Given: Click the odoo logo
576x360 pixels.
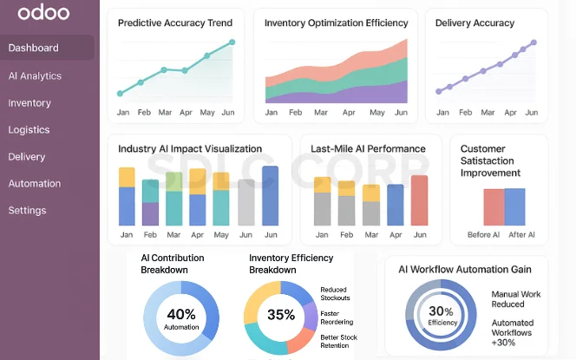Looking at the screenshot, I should (x=37, y=14).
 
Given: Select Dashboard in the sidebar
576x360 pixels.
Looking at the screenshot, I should (x=34, y=48).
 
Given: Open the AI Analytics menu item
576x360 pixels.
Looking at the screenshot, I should (x=35, y=75).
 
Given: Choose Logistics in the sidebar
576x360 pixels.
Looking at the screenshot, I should (x=29, y=129).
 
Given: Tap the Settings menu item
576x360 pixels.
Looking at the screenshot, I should (x=27, y=210).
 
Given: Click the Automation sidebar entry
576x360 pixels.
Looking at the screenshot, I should (x=35, y=183).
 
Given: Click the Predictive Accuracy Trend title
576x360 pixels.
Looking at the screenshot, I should (x=174, y=23).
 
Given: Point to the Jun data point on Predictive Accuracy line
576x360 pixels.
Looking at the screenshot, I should (x=232, y=42).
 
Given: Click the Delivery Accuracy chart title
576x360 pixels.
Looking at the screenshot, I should (x=475, y=23).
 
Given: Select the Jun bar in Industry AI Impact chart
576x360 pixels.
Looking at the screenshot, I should (x=270, y=196).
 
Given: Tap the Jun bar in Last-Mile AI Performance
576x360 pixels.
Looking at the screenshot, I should (x=419, y=200).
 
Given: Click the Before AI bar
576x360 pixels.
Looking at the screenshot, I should (x=493, y=207).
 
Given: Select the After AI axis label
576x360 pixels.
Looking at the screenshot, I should (x=520, y=235).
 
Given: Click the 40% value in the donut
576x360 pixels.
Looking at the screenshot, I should (x=181, y=314).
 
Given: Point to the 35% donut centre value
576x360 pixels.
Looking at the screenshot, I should (x=281, y=315).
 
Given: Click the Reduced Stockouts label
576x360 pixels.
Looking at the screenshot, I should (x=335, y=293).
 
